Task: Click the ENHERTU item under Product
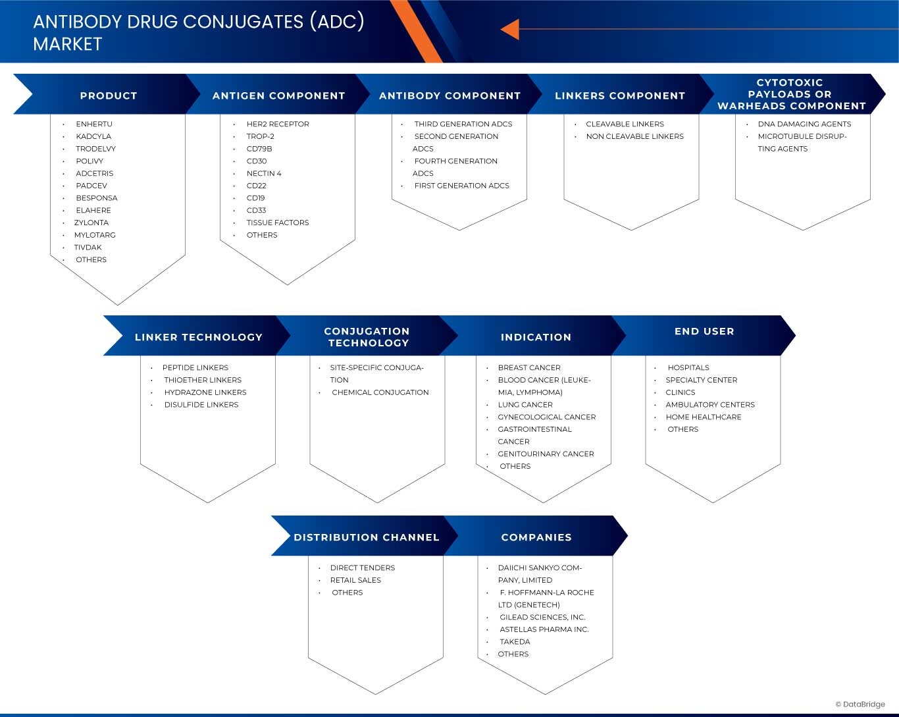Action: tap(94, 124)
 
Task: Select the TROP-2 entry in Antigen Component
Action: tap(260, 136)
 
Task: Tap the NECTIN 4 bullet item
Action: tap(263, 173)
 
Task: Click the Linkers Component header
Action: tap(619, 95)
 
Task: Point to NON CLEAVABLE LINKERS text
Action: tap(634, 136)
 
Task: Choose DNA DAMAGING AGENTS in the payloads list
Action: tap(804, 124)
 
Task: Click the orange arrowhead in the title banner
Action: tap(510, 30)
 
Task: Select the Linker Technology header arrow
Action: tap(198, 337)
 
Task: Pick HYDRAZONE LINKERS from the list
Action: tap(205, 392)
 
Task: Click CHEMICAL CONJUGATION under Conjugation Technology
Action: tap(380, 392)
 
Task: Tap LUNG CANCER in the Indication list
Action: tap(525, 405)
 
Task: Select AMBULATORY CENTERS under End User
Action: tap(709, 405)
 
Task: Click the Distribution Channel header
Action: tap(366, 537)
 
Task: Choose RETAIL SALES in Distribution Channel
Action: tap(355, 580)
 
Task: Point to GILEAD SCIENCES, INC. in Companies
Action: tap(542, 618)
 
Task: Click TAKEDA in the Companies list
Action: tap(514, 642)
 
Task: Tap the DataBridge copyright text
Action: tap(860, 704)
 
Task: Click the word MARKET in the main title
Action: tap(68, 44)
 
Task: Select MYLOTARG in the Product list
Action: tap(95, 235)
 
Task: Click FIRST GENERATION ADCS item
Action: tap(461, 186)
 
